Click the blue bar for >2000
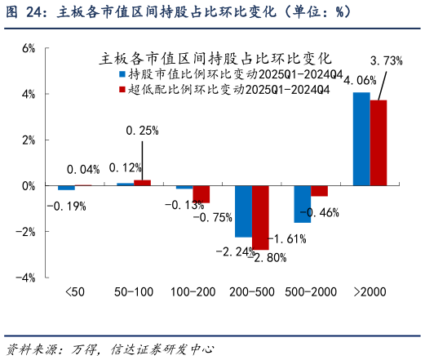pos(361,139)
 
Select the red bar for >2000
pos(379,143)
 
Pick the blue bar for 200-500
pos(243,211)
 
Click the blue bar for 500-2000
pos(302,204)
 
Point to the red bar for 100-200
pos(201,194)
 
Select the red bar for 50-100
pos(143,183)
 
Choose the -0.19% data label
pos(66,206)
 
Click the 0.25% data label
pos(141,130)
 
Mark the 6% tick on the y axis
pos(28,48)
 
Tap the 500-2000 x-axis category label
pos(311,291)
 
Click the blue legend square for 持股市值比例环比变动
pos(122,73)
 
